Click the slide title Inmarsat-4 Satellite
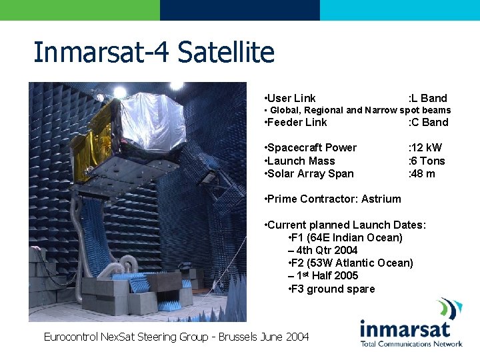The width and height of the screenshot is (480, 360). tap(154, 52)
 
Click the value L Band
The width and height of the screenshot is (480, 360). tap(428, 98)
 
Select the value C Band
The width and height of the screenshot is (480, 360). tap(428, 122)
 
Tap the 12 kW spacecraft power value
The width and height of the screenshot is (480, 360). tap(425, 147)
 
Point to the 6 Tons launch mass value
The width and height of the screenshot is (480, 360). tap(427, 161)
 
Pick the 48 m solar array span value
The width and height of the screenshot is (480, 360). tap(421, 173)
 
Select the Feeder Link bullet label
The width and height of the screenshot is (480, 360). tap(296, 122)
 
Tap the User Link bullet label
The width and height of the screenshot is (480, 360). tap(291, 98)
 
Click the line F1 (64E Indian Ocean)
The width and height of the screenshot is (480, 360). tap(345, 237)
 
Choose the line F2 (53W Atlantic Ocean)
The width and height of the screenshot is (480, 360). tap(351, 263)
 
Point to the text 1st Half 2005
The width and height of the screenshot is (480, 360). tap(323, 275)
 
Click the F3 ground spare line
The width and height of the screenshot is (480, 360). tap(331, 289)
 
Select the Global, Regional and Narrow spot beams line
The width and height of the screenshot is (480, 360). tap(357, 110)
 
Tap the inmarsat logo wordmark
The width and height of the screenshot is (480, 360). tap(405, 329)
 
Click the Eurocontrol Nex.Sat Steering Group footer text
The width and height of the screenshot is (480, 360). tap(176, 337)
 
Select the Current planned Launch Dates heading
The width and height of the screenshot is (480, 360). tap(345, 225)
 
